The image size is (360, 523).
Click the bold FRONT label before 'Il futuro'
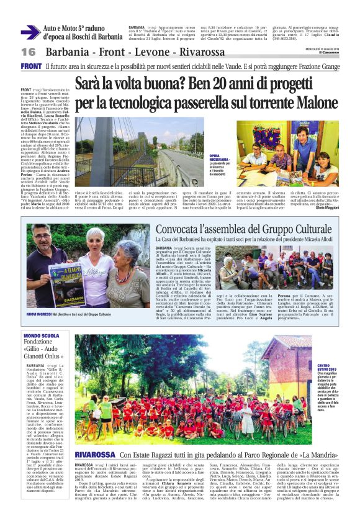click(x=31, y=66)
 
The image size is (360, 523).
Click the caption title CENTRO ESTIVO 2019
click(x=327, y=370)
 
